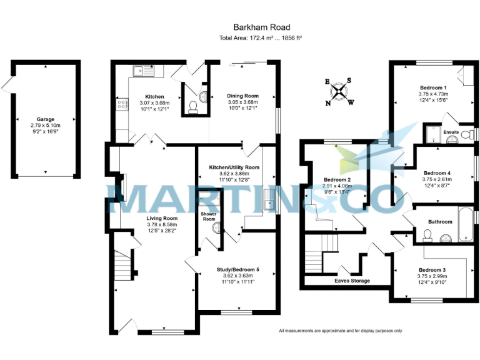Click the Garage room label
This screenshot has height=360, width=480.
tap(45, 119)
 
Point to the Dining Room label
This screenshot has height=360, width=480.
tap(242, 96)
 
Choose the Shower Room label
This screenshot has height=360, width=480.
tap(208, 216)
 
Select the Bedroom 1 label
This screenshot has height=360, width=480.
tap(433, 87)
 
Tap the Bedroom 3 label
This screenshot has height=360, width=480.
tap(432, 269)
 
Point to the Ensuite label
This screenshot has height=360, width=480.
tap(451, 132)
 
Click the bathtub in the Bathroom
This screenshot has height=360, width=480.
tap(466, 224)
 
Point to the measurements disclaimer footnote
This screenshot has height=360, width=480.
tap(340, 331)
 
